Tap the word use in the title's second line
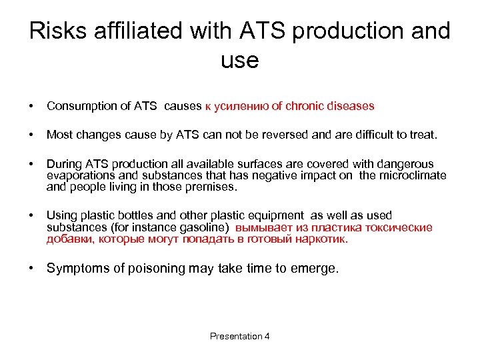[x=239, y=61]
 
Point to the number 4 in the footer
[x=267, y=336]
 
